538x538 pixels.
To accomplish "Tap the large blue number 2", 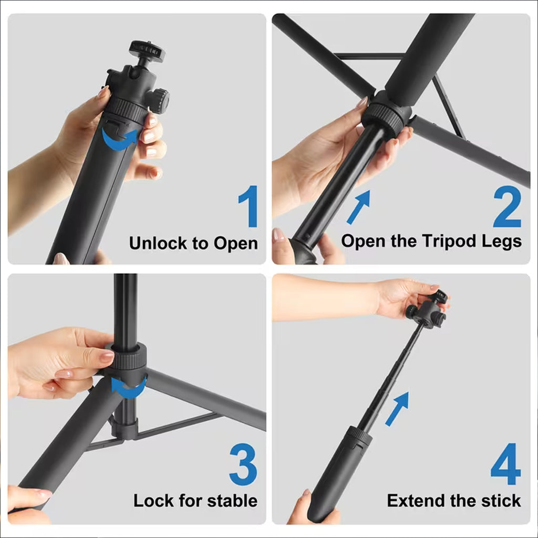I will [507, 206].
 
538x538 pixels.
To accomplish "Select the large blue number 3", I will [244, 465].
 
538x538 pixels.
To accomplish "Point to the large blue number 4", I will [505, 465].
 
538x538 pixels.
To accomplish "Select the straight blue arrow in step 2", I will [358, 206].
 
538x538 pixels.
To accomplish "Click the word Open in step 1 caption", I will [235, 243].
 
